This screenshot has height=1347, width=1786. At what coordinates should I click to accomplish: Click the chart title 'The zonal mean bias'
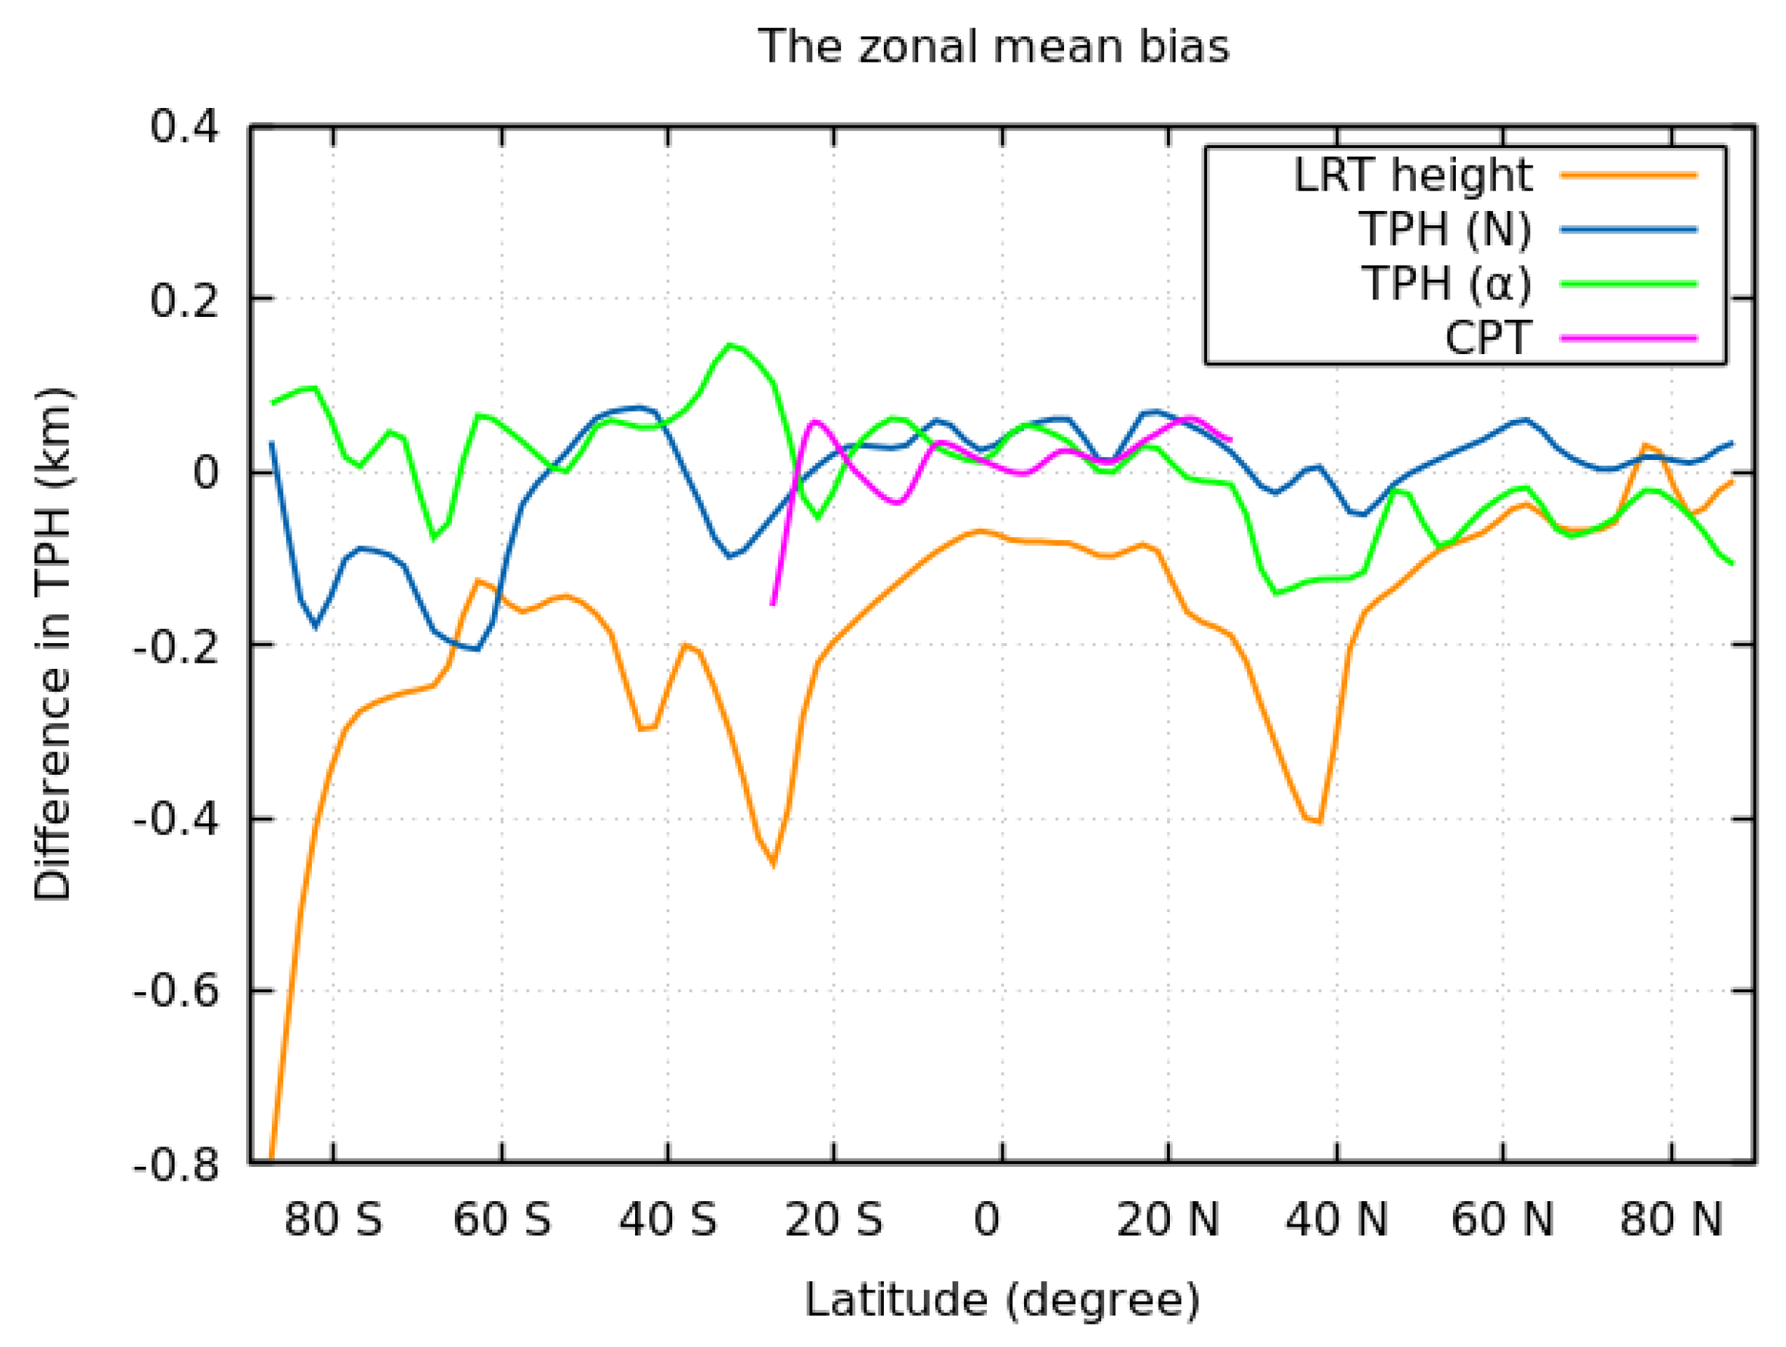993,46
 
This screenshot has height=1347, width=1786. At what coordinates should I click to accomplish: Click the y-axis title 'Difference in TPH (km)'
53,644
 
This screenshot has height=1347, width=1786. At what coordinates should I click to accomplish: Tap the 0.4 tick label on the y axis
185,127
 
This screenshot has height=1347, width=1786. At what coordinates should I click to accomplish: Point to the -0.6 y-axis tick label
176,991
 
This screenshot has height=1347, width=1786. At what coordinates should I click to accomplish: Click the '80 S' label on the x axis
334,1219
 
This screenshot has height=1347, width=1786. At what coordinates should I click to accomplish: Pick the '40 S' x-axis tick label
668,1219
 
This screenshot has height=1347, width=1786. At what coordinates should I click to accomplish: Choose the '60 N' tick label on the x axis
1502,1219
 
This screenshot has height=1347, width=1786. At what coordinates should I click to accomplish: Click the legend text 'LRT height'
1412,175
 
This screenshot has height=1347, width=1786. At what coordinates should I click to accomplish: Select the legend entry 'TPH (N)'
1445,229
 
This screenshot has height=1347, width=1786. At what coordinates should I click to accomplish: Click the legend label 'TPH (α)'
1446,283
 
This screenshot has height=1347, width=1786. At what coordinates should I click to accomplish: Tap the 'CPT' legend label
1487,337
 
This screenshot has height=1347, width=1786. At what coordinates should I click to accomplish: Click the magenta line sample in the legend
1628,337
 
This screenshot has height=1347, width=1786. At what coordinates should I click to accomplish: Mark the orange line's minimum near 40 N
1319,822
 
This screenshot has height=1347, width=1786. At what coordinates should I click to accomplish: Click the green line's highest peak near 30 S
730,345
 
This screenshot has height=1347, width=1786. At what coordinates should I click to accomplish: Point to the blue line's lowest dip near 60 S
478,649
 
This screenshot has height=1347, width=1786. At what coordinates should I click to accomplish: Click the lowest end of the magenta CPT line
772,604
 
